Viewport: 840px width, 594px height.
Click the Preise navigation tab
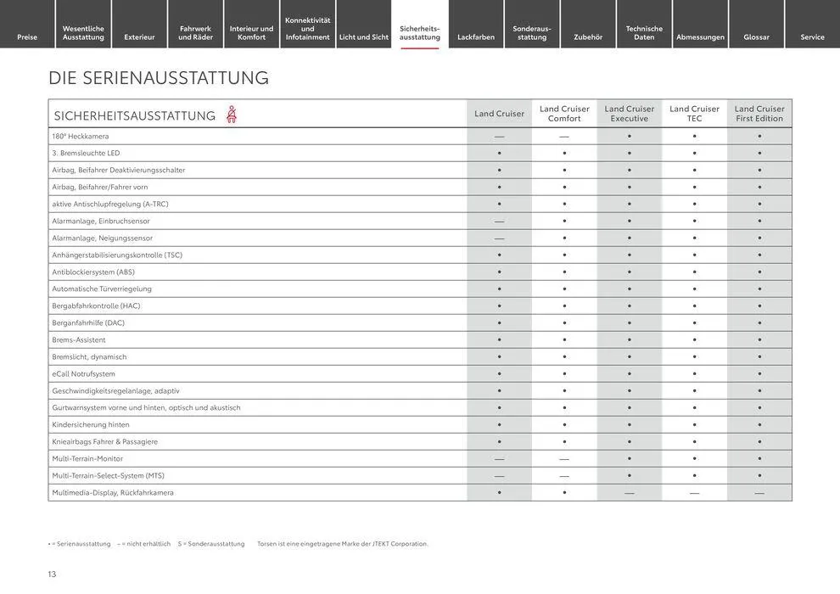[x=27, y=37]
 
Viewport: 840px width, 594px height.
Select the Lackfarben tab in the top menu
[x=476, y=37]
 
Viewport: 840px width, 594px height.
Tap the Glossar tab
[x=756, y=37]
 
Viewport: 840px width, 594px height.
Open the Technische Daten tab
[x=644, y=33]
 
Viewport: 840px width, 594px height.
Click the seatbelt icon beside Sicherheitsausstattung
[x=232, y=115]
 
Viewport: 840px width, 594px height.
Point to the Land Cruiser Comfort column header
[x=564, y=114]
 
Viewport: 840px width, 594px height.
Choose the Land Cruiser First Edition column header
[x=759, y=114]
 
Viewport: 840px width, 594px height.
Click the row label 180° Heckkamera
[x=81, y=137]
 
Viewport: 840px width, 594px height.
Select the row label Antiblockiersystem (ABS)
[x=93, y=272]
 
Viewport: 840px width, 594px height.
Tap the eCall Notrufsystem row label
[x=84, y=374]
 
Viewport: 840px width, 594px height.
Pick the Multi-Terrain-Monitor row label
[x=87, y=459]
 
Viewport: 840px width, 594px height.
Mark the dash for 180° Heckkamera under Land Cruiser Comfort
[x=564, y=137]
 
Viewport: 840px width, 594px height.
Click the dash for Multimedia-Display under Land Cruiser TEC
[x=694, y=493]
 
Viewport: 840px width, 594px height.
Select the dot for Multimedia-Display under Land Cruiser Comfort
[x=564, y=493]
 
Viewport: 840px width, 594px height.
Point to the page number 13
[x=52, y=574]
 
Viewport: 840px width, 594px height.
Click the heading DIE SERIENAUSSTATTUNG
[x=159, y=78]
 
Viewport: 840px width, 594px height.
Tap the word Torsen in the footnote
[x=267, y=544]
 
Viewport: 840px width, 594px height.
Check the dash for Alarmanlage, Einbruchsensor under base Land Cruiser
[x=499, y=221]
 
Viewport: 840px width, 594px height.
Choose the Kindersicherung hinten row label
[x=91, y=425]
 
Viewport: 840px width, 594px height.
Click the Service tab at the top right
[x=812, y=37]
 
